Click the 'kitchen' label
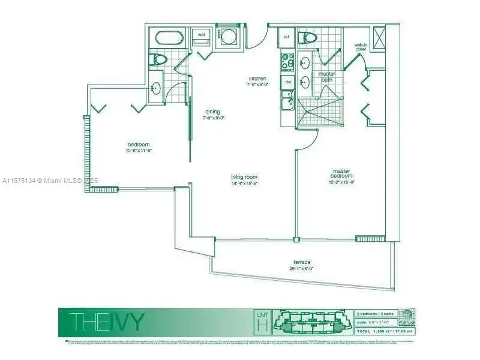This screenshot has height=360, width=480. [258, 79]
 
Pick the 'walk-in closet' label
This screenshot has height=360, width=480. [360, 47]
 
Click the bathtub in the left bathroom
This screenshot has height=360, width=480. [173, 38]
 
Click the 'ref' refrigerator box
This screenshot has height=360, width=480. [286, 37]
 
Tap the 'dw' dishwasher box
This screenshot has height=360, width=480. [288, 82]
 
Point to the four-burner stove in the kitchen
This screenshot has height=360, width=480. [287, 61]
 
